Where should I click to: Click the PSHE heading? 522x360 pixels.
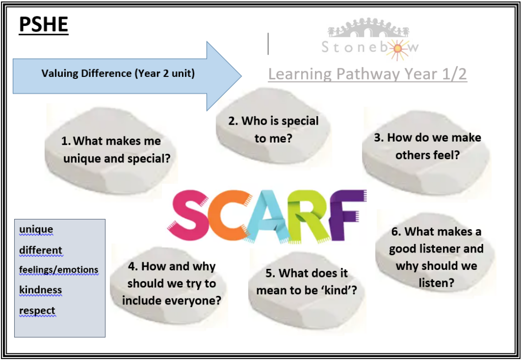coord(44,24)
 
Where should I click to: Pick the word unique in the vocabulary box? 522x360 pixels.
coord(36,230)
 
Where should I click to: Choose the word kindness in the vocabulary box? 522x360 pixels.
coord(40,290)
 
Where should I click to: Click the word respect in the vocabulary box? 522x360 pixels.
coord(37,311)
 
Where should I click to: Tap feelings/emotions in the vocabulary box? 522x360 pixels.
coord(59,269)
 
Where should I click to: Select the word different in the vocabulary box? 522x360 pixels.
coord(41,250)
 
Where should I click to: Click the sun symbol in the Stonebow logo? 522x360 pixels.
coord(397,49)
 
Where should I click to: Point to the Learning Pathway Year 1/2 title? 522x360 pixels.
coord(368,74)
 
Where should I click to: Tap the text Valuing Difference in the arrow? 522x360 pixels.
coord(87,73)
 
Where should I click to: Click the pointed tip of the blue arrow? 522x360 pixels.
coord(241,76)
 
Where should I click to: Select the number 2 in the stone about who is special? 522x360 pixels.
coord(232,121)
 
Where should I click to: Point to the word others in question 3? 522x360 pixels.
coord(410,155)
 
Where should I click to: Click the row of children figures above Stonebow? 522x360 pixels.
coord(368,28)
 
